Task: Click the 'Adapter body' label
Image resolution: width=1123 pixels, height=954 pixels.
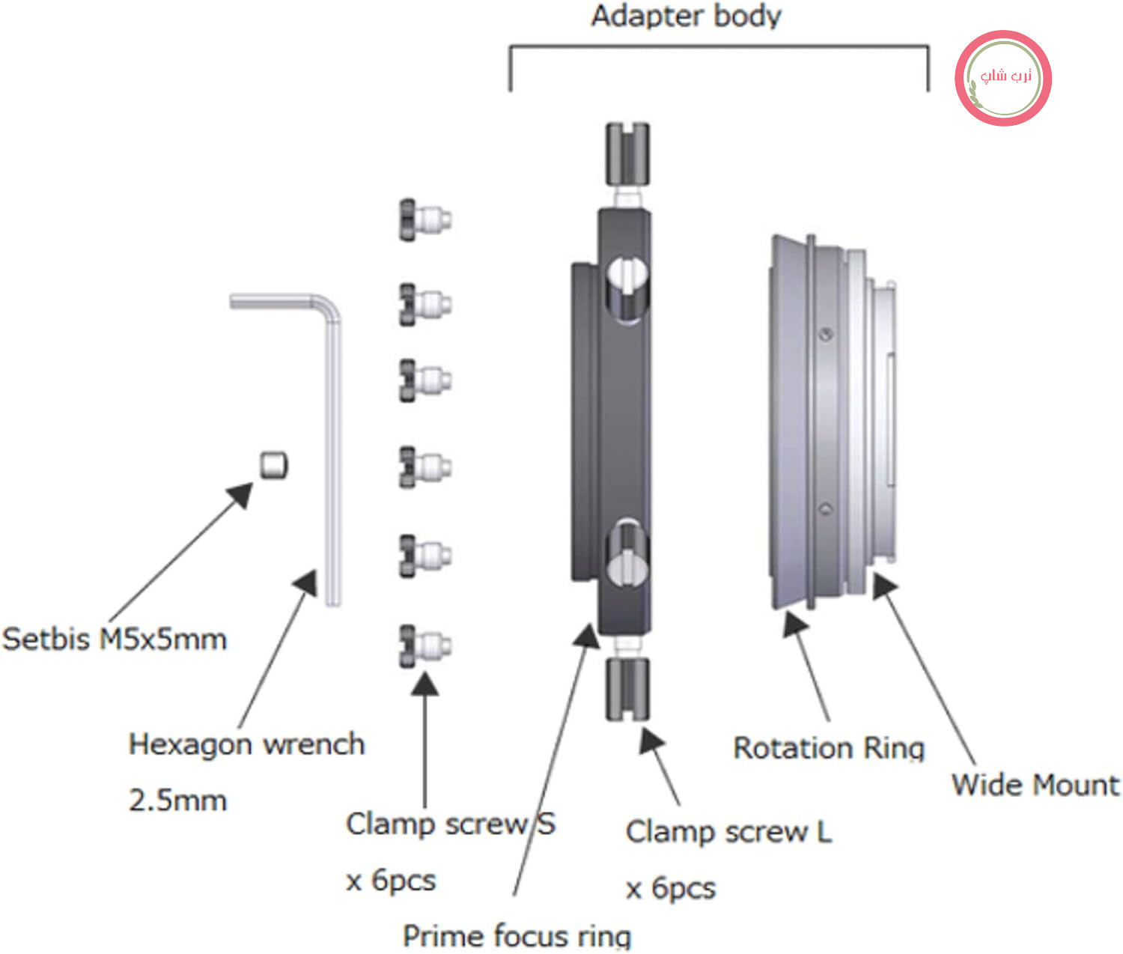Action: click(x=687, y=16)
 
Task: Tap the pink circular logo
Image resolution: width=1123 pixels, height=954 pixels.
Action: click(x=1003, y=78)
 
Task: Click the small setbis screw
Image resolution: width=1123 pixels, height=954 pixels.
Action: click(x=274, y=466)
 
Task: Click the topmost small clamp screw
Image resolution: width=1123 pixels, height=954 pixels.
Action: click(x=424, y=220)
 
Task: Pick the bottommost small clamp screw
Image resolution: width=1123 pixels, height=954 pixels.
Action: click(x=424, y=646)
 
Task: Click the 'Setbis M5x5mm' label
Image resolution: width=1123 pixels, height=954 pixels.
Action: click(x=115, y=639)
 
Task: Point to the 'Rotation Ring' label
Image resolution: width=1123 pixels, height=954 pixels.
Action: click(x=829, y=749)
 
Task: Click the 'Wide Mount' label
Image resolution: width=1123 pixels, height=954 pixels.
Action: click(x=1035, y=786)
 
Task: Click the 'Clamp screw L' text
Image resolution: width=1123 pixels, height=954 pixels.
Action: click(x=729, y=833)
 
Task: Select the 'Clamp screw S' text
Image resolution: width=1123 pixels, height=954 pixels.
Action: click(x=451, y=824)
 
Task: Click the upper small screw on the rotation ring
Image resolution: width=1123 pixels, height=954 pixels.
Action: click(x=826, y=335)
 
